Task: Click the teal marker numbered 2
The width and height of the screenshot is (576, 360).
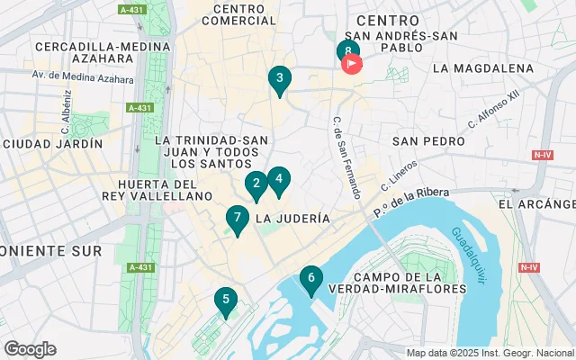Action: [256, 184]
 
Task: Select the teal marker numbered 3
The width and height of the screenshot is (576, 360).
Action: [279, 79]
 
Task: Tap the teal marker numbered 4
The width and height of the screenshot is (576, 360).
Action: [279, 180]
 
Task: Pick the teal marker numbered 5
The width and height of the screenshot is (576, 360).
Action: [225, 300]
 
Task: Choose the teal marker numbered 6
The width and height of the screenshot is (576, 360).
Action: [310, 279]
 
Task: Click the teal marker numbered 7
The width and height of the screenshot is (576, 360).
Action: [237, 218]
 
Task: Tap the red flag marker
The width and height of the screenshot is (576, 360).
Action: [351, 63]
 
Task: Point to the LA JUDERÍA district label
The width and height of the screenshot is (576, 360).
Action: [292, 219]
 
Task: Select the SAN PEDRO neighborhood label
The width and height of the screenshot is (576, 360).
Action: [428, 141]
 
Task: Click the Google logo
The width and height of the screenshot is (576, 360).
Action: [30, 348]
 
